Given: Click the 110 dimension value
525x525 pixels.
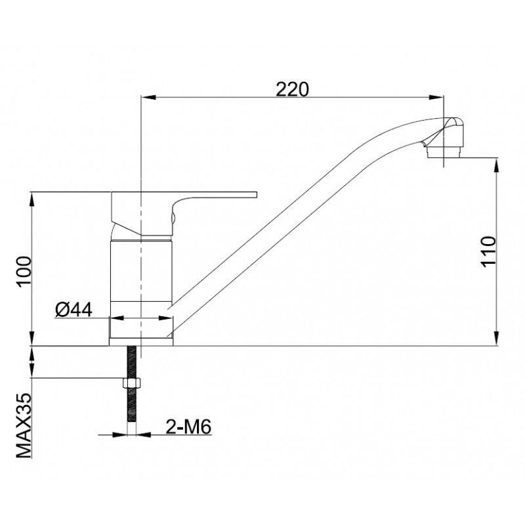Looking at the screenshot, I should [489, 251].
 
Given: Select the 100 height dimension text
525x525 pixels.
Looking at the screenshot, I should [24, 270].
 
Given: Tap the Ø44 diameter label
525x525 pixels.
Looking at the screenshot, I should [73, 309].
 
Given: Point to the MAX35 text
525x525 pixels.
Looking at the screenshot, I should [24, 425].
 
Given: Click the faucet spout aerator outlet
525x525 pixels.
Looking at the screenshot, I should [444, 153].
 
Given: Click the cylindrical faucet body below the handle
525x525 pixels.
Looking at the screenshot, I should [141, 269].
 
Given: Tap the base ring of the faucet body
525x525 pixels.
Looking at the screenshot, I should [141, 331].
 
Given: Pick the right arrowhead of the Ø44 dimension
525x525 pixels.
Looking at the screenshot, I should [168, 320].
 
